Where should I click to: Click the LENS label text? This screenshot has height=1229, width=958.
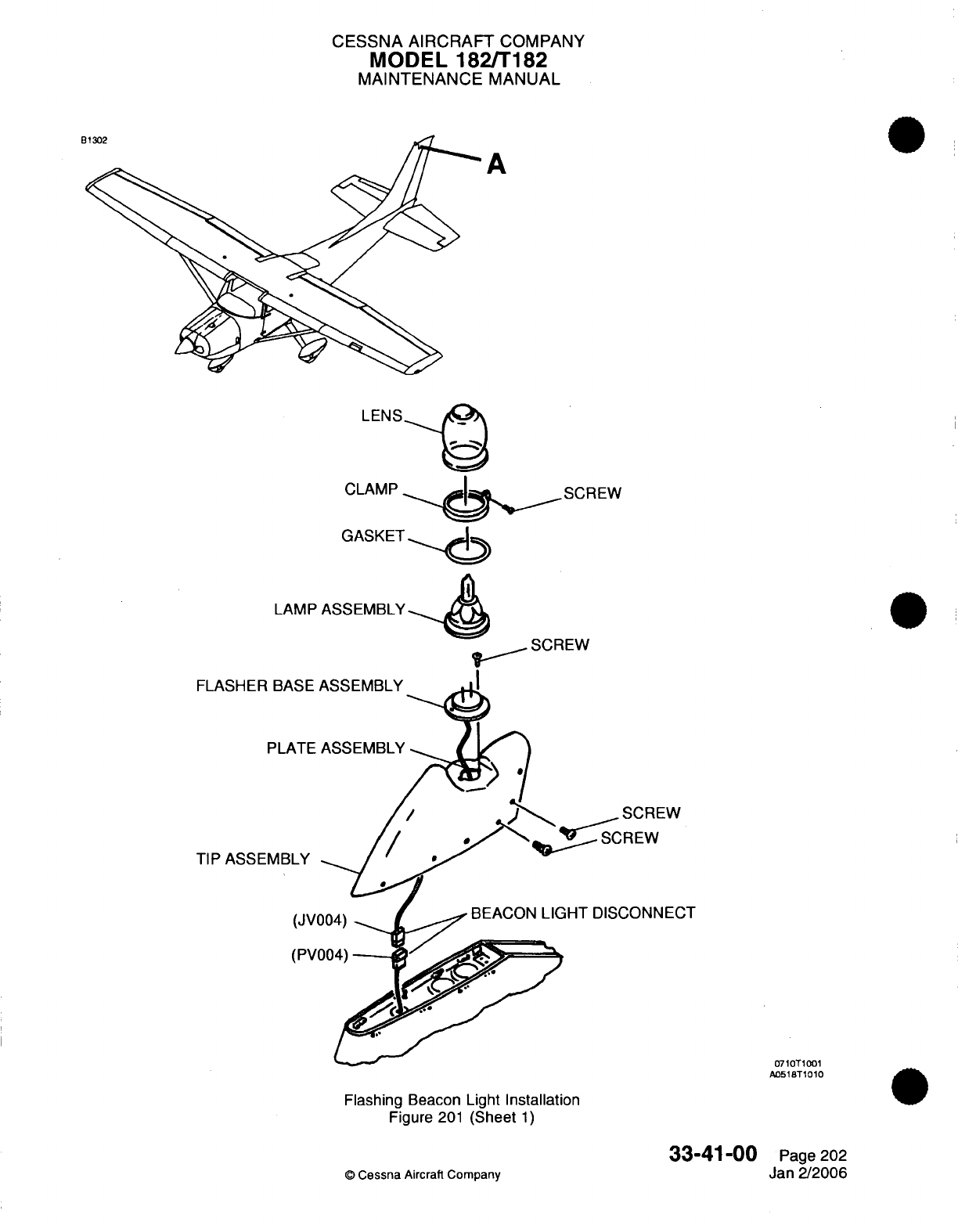coord(381,416)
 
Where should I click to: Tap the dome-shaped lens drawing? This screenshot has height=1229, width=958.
coord(466,432)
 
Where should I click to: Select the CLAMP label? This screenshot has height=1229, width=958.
coord(371,489)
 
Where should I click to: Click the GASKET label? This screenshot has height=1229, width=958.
coord(373,536)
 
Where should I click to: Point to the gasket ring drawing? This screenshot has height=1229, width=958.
coord(467,550)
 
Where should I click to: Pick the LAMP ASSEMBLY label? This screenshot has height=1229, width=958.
coord(340,609)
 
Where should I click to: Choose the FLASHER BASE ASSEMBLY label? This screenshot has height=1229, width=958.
coord(299,686)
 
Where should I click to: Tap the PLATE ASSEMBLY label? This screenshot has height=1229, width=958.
coord(336,748)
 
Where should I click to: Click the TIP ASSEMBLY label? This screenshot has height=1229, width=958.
coord(253,859)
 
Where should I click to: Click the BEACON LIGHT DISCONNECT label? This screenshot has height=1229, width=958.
coord(583,913)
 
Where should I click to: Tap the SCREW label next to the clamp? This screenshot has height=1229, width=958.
coord(592,493)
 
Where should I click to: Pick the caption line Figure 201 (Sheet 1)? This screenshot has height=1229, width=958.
coord(462,1117)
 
